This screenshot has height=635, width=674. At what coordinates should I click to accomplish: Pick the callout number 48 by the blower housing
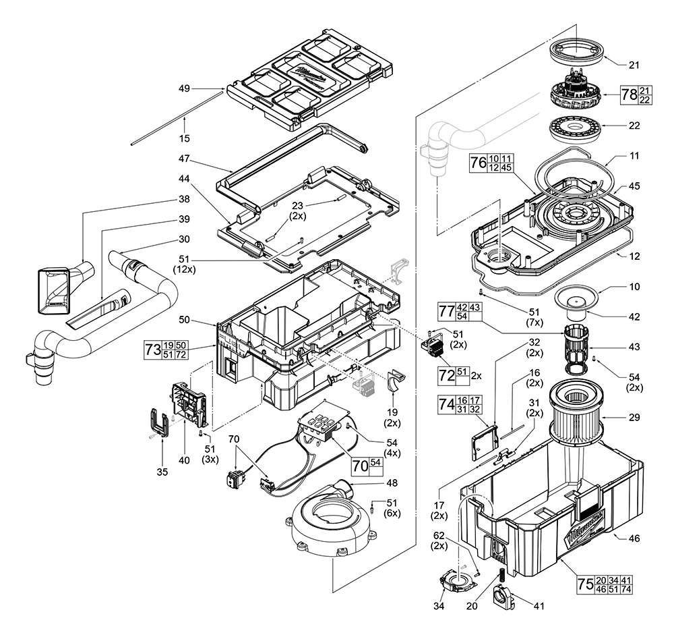click(x=373, y=482)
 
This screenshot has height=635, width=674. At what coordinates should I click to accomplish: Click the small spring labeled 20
click(x=501, y=578)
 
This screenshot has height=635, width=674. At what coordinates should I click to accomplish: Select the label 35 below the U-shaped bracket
click(x=162, y=472)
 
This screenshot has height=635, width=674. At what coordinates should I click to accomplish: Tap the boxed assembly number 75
click(x=585, y=584)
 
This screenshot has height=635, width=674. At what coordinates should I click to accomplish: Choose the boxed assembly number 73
click(x=154, y=350)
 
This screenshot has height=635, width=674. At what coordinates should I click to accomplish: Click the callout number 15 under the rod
click(x=184, y=138)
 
